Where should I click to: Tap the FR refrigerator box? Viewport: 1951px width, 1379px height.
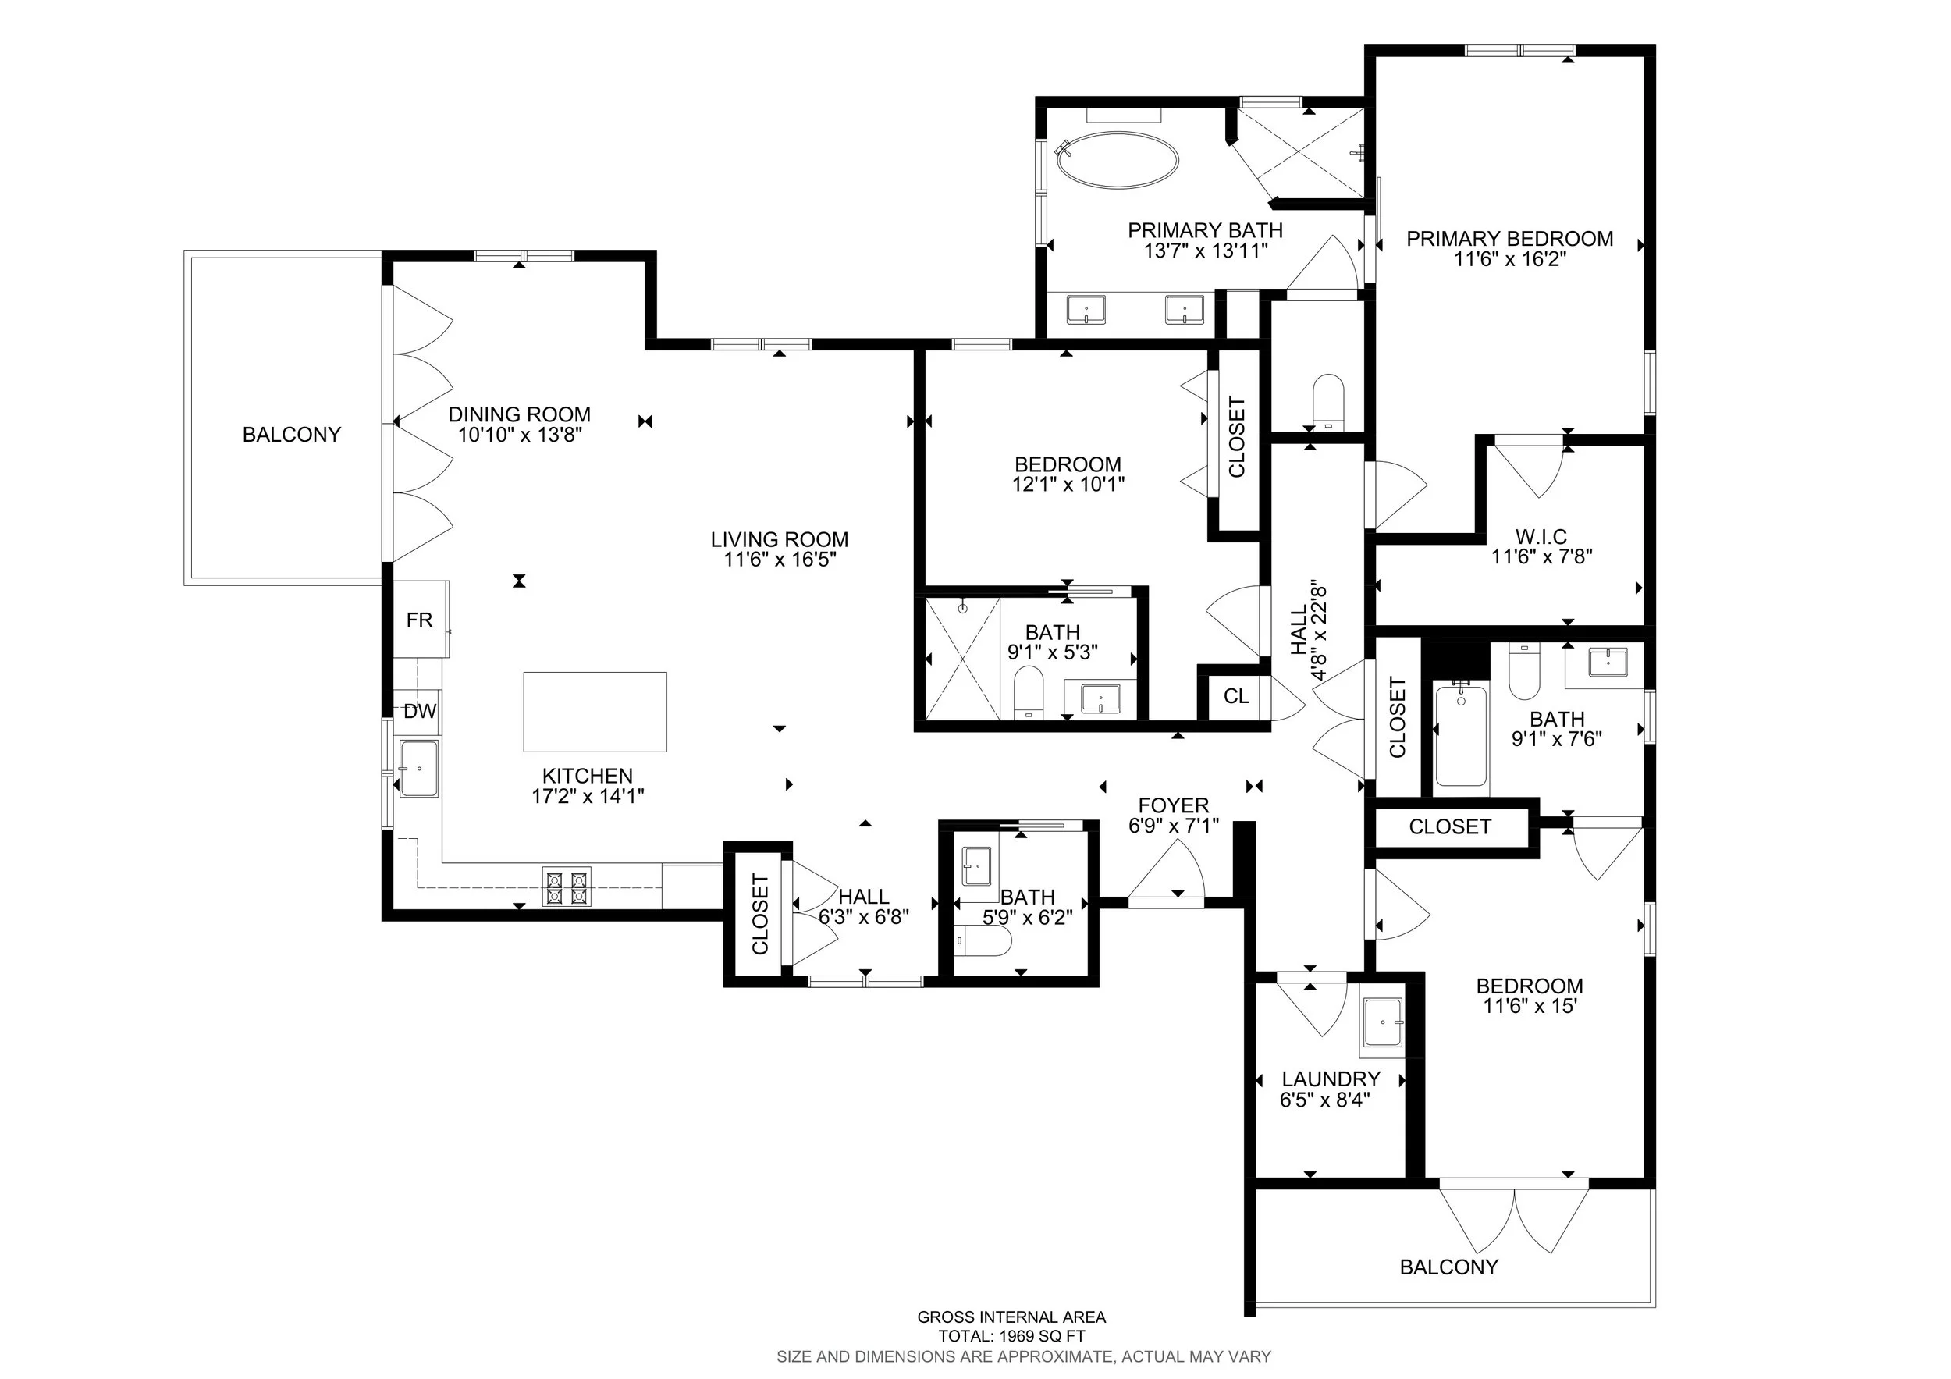point(420,620)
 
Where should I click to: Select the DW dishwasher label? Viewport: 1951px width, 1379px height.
point(420,712)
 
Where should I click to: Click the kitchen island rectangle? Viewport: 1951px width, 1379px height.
point(595,712)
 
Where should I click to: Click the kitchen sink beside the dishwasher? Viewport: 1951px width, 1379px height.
point(418,768)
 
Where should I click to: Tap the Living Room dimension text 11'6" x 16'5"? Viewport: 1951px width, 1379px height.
point(779,559)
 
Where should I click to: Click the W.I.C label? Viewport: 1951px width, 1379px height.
point(1541,537)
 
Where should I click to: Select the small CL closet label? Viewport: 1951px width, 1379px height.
point(1236,696)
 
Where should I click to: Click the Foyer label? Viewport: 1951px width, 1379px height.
point(1174,805)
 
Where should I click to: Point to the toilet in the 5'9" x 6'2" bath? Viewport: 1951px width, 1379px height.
point(983,941)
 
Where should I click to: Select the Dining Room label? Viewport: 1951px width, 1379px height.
point(519,414)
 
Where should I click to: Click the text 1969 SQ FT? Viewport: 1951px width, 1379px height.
point(1042,1335)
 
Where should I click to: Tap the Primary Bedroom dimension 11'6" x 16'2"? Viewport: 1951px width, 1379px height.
point(1509,259)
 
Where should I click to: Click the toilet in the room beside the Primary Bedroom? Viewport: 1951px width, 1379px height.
point(1328,401)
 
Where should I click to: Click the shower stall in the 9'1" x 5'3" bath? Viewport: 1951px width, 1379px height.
point(962,659)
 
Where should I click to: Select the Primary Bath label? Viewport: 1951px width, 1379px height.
point(1205,230)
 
